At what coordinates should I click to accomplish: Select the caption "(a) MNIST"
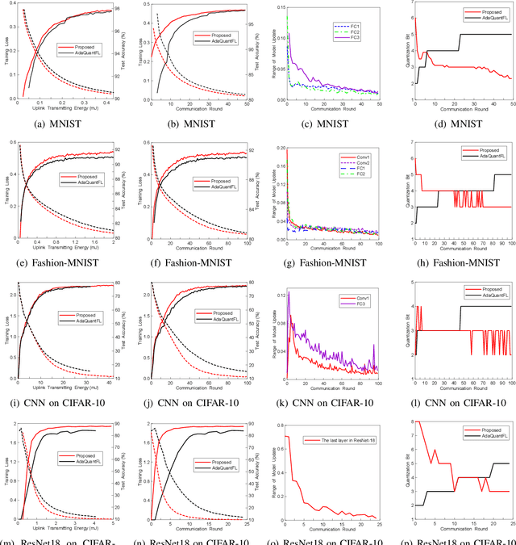click(x=65, y=124)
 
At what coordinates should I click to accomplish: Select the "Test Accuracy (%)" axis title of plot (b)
click(x=251, y=53)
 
